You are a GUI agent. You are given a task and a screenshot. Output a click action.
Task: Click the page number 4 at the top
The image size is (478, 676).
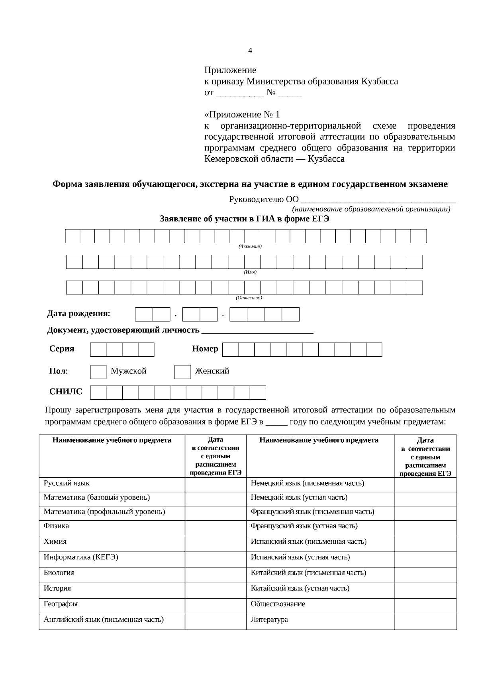point(250,51)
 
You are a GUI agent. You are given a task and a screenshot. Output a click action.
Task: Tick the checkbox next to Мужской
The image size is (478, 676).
point(98,372)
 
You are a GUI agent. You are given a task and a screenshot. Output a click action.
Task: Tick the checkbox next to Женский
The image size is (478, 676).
point(182,372)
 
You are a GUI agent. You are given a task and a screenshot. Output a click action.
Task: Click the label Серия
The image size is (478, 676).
point(62,349)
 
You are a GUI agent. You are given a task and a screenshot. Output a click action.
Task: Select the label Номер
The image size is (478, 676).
point(205,349)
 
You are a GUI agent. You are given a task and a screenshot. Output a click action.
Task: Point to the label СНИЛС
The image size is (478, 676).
point(66,392)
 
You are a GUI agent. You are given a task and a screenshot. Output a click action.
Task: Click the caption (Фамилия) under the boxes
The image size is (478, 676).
point(250,246)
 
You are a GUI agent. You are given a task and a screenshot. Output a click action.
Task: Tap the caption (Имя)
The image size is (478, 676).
point(250,272)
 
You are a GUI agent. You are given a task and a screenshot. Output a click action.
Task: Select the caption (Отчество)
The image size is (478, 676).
point(249,297)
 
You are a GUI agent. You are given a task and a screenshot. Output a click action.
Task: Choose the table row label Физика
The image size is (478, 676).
point(56,526)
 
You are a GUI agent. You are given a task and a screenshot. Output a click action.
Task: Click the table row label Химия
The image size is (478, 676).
point(55,541)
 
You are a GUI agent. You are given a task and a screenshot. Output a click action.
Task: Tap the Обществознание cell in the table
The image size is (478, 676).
point(278,604)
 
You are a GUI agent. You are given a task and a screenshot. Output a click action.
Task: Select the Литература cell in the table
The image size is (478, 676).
point(269,619)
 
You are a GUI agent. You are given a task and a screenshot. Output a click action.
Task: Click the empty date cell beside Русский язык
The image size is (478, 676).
point(215,484)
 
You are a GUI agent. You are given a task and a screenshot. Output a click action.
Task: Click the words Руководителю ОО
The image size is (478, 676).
point(264,199)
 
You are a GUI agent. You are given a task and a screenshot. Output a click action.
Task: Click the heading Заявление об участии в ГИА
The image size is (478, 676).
point(244,219)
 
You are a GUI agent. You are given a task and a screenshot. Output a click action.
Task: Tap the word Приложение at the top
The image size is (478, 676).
point(230,70)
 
